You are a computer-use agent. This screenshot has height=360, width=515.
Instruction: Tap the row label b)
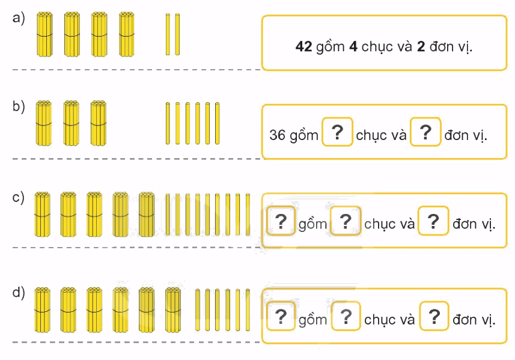point(19,108)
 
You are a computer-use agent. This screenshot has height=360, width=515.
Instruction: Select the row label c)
point(19,197)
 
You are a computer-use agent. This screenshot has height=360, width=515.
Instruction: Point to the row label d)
point(19,293)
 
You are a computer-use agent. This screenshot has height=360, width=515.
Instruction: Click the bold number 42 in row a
point(303,46)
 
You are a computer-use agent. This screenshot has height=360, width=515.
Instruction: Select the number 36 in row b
point(277,135)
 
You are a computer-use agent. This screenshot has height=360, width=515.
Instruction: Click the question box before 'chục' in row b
point(337,132)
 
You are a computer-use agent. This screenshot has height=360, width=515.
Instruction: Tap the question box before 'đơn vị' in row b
point(425,132)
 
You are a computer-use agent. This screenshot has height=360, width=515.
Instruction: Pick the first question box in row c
point(281,221)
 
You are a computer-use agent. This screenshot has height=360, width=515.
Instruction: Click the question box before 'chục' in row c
point(345,221)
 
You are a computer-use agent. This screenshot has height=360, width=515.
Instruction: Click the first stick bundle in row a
point(44,34)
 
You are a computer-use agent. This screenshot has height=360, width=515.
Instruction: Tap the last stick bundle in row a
point(126,34)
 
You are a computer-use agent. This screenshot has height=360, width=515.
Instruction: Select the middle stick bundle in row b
point(71,123)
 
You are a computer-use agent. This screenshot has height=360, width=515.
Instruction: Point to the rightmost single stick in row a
point(177,34)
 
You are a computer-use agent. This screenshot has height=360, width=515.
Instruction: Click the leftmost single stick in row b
point(168,123)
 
